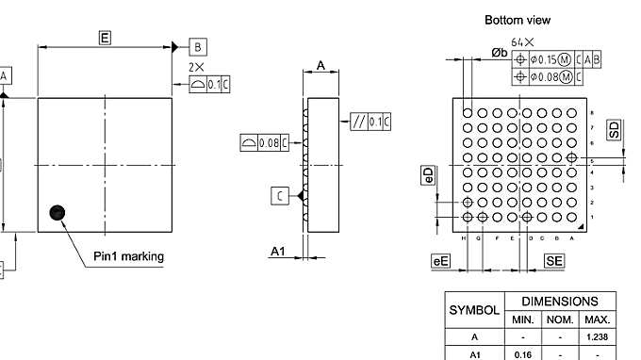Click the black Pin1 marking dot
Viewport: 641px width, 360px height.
pyautogui.click(x=58, y=214)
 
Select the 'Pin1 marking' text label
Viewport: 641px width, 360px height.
pyautogui.click(x=128, y=256)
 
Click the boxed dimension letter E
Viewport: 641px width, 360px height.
pyautogui.click(x=105, y=37)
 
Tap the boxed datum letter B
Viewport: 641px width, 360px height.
pyautogui.click(x=198, y=46)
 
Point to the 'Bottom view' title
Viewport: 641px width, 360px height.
pyautogui.click(x=517, y=19)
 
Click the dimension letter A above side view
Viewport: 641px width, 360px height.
pyautogui.click(x=320, y=65)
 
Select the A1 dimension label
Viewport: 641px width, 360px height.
pyautogui.click(x=278, y=251)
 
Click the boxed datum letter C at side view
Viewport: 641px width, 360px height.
pyautogui.click(x=281, y=195)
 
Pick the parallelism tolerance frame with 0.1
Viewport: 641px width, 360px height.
pyautogui.click(x=370, y=122)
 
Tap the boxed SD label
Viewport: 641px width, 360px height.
pyautogui.click(x=615, y=130)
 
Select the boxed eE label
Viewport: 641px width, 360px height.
pyautogui.click(x=439, y=260)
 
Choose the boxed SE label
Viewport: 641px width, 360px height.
pyautogui.click(x=554, y=260)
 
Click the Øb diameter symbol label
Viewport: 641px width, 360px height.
pyautogui.click(x=499, y=53)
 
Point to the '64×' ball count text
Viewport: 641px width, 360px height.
pyautogui.click(x=522, y=42)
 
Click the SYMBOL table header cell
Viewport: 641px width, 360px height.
pyautogui.click(x=474, y=310)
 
